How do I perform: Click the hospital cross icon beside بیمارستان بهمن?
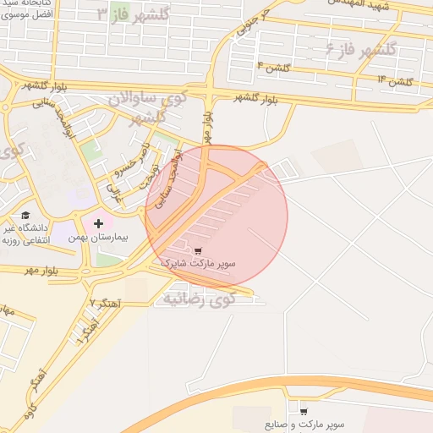[99, 223]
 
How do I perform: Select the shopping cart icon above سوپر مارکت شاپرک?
[198, 251]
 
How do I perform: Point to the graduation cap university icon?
[25, 216]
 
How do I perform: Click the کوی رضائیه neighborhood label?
[199, 298]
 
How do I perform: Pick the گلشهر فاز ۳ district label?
[133, 14]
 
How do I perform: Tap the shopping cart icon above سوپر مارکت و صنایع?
[303, 412]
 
